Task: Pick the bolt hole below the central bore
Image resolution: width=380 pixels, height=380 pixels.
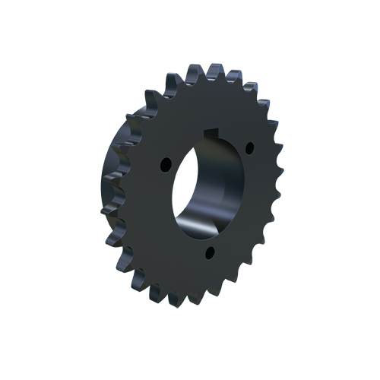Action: coord(211,251)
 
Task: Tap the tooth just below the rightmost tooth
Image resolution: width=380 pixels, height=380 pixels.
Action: coord(274,214)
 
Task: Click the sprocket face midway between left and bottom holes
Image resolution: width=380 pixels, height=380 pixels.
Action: coord(181,220)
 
